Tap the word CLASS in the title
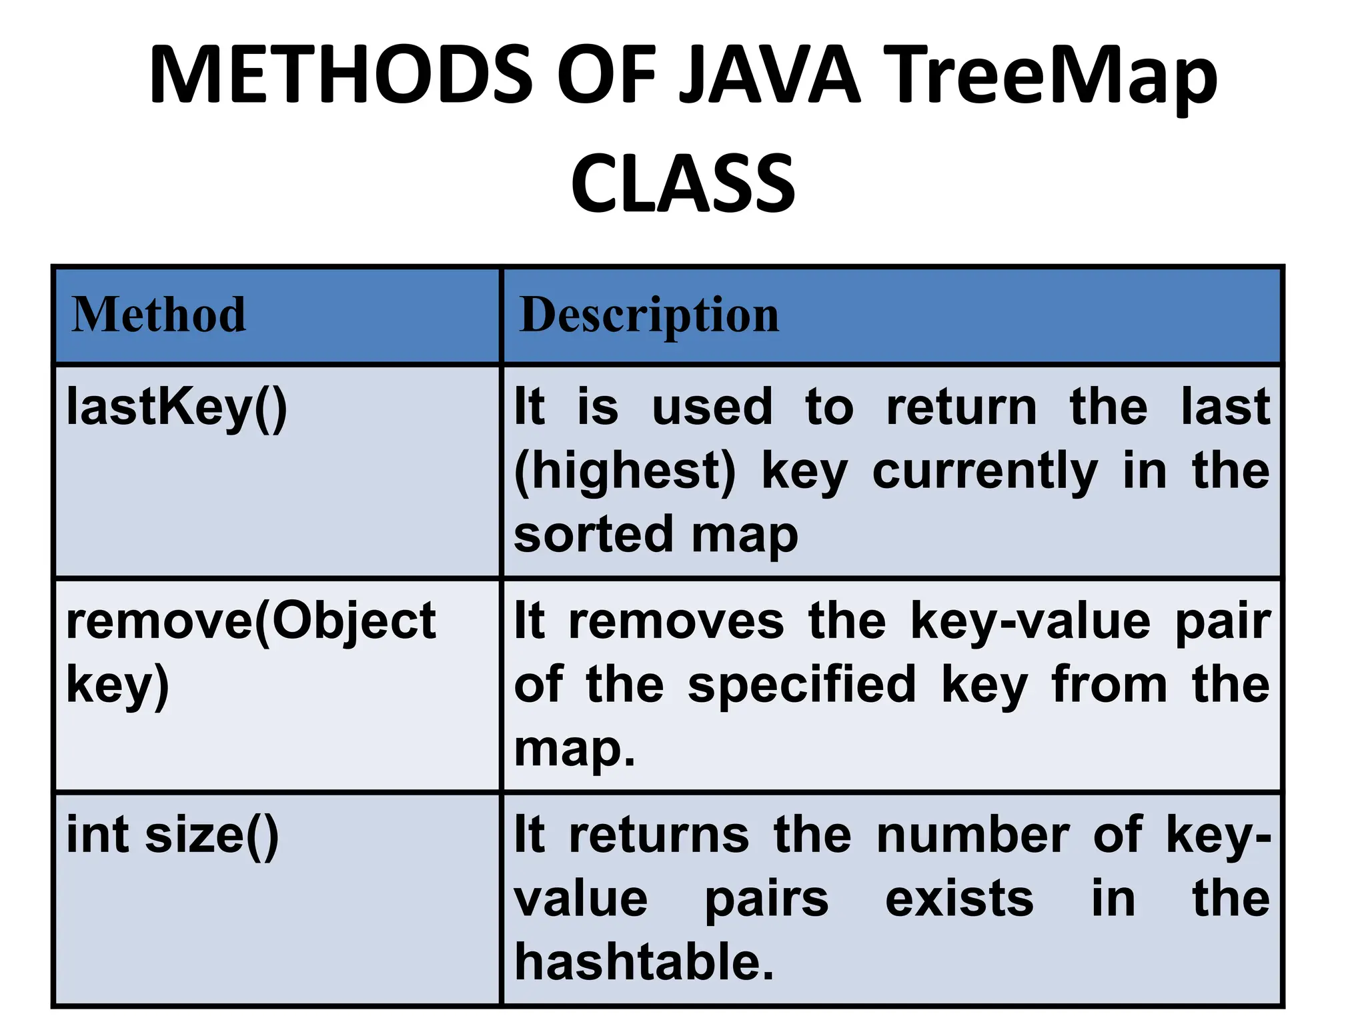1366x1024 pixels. click(x=683, y=183)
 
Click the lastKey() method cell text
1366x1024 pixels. click(x=177, y=407)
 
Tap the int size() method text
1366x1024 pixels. click(x=173, y=835)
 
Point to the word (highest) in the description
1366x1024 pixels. click(x=625, y=471)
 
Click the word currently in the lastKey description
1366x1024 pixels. click(x=984, y=471)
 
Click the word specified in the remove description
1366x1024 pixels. click(x=802, y=685)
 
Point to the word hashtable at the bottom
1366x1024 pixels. click(x=644, y=962)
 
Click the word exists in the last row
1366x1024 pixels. click(x=959, y=899)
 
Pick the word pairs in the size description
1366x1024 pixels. click(x=766, y=899)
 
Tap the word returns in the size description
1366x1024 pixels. click(x=659, y=835)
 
